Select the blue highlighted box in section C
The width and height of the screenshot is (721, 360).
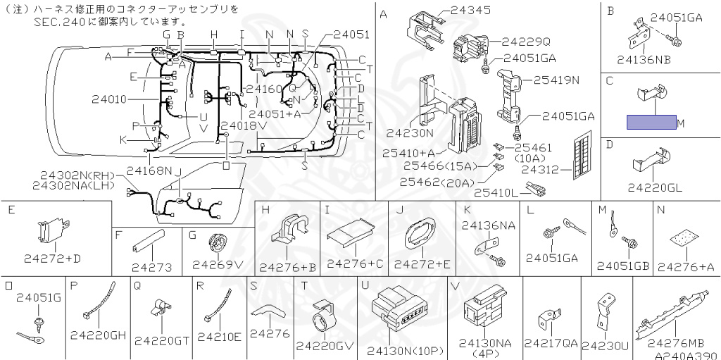click(x=651, y=123)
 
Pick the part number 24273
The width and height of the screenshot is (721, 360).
click(x=151, y=268)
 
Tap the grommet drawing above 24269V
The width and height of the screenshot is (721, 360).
click(x=218, y=244)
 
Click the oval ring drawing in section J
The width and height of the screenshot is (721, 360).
click(x=420, y=235)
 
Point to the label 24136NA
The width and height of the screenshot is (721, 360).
click(x=489, y=225)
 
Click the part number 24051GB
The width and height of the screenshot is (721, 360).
click(x=623, y=266)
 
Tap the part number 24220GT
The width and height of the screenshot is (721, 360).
click(x=162, y=340)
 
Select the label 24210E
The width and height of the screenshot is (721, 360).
click(x=219, y=336)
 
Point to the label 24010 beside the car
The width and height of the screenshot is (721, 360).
click(x=109, y=99)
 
